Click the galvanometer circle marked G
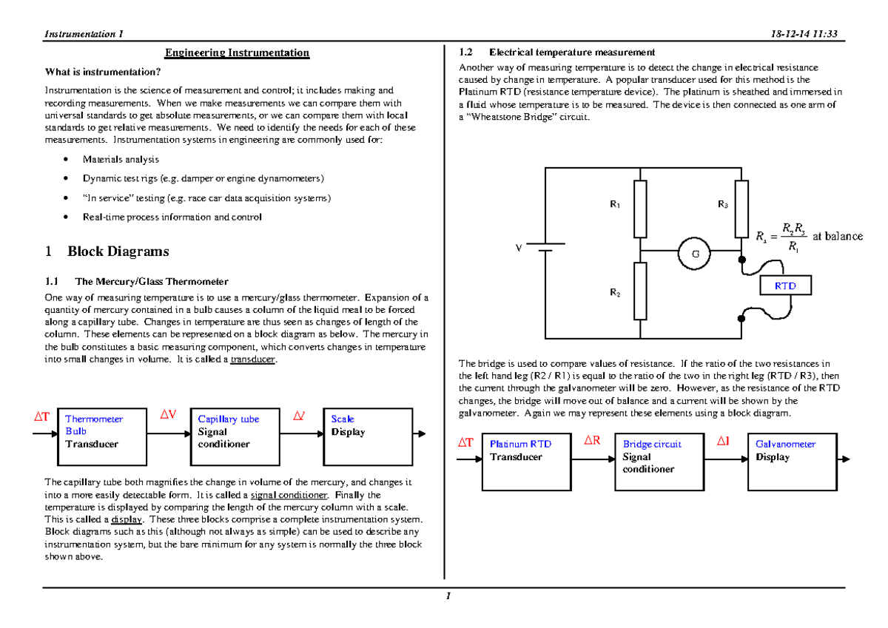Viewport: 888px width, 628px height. tap(695, 253)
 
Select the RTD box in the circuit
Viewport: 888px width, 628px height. tap(786, 286)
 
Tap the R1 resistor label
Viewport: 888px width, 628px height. tap(614, 204)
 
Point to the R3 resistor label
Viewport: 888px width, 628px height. tap(722, 204)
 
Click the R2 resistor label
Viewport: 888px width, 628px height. tap(614, 293)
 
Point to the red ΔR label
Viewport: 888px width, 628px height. tap(593, 441)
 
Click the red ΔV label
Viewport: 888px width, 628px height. tap(168, 415)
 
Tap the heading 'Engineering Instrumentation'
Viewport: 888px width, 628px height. tap(237, 53)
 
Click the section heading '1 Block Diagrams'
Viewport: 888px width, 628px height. tap(107, 251)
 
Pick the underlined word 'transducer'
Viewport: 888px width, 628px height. tap(253, 359)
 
